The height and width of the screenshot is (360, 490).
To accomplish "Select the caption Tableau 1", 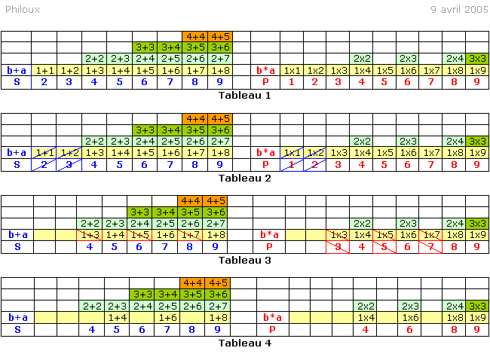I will (244, 95).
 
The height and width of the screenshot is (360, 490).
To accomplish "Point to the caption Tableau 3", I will (244, 260).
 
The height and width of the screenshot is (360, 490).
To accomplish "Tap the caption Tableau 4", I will (244, 343).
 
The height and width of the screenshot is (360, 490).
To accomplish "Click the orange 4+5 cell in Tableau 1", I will (219, 36).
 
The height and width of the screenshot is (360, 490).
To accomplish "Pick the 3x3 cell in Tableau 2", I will (477, 141).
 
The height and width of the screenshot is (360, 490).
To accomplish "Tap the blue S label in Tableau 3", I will (17, 246).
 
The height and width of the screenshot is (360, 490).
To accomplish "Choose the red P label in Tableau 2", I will (265, 164).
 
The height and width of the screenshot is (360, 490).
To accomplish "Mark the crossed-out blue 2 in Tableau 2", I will (44, 164).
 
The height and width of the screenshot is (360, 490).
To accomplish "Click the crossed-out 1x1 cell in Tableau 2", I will (292, 153).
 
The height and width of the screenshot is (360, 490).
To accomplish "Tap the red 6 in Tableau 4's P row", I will (410, 329).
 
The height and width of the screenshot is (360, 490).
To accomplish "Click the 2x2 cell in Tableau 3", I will (361, 223).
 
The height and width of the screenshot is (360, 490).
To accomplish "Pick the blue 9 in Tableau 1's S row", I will (219, 82).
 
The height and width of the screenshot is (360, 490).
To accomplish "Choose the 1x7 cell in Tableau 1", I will (431, 70).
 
